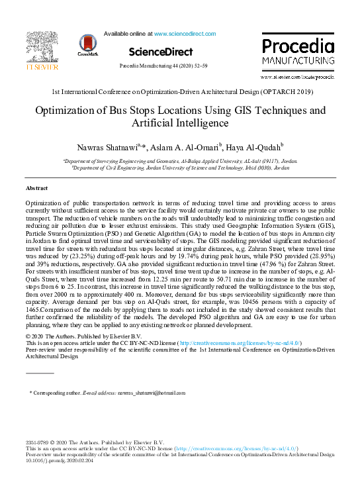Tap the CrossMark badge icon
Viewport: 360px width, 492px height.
87,44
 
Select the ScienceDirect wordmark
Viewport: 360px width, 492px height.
161,52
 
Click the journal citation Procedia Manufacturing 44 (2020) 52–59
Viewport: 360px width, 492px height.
163,68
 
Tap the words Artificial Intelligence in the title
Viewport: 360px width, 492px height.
180,123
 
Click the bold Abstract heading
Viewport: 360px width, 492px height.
36,189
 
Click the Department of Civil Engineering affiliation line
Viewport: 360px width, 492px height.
180,168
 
